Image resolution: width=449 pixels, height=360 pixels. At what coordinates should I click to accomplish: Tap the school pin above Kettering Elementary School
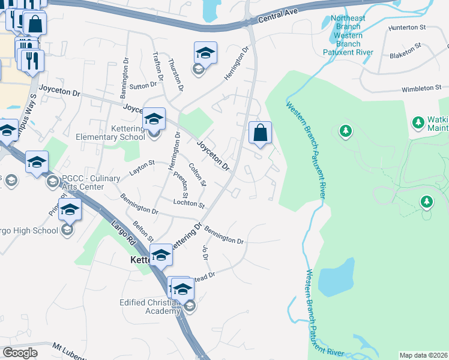pyautogui.click(x=154, y=118)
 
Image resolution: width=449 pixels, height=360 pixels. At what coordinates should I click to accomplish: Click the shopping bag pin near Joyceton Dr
pyautogui.click(x=260, y=133)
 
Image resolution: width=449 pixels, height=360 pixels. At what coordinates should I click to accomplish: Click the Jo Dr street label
pyautogui.click(x=205, y=251)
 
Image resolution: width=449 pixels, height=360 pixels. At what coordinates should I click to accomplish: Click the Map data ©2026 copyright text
pyautogui.click(x=423, y=355)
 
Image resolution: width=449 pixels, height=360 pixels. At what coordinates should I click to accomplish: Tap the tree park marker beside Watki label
pyautogui.click(x=418, y=122)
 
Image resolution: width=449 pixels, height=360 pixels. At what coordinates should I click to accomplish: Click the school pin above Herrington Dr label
pyautogui.click(x=205, y=53)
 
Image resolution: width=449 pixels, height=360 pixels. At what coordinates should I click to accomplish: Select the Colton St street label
pyautogui.click(x=197, y=174)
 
